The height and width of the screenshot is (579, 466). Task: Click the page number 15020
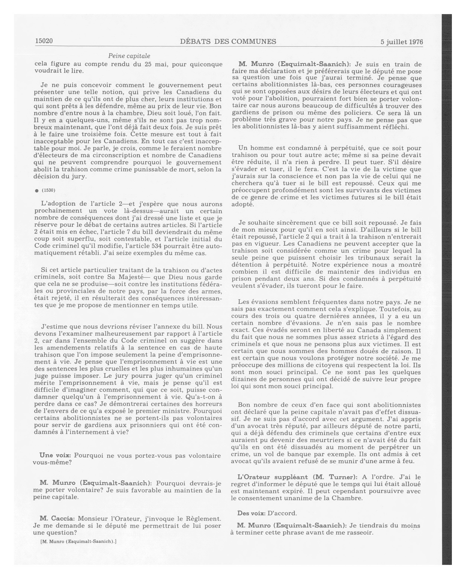(x=44, y=41)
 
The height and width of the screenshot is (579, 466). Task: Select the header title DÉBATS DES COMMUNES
(x=228, y=41)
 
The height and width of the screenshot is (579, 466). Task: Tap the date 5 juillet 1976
(x=402, y=42)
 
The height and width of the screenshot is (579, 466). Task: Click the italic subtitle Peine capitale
(x=129, y=56)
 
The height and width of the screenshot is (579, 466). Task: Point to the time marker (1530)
(x=48, y=190)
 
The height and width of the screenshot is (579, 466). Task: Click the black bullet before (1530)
(x=37, y=191)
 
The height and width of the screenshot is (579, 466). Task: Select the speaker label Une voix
(x=55, y=456)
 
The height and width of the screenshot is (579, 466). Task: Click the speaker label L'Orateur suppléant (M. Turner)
(x=297, y=477)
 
